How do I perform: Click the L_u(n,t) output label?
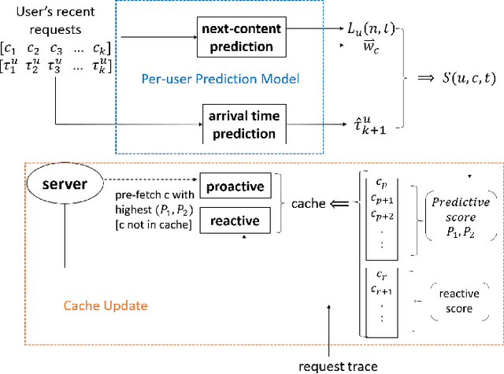click(x=376, y=30)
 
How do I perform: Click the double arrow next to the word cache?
click(x=340, y=203)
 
